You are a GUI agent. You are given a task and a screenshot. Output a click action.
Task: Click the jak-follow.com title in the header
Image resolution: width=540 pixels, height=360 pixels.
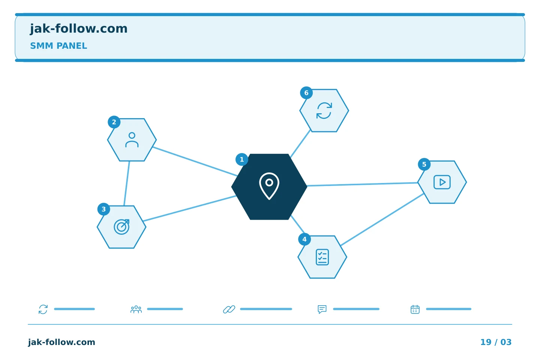(x=79, y=29)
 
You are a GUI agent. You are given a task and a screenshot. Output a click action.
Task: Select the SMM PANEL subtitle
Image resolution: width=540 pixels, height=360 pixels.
(x=58, y=46)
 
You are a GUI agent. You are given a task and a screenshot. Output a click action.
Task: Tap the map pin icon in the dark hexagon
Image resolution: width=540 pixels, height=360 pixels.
(x=269, y=186)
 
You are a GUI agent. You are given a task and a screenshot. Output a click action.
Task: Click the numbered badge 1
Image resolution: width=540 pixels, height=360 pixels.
(x=242, y=159)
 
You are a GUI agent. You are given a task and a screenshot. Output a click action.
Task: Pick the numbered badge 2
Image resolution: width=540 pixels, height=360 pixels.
(x=114, y=122)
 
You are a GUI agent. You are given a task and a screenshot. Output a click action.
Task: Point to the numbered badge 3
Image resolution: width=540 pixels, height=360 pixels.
(x=103, y=209)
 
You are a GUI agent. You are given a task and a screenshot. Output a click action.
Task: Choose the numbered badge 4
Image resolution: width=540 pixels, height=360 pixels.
(x=304, y=239)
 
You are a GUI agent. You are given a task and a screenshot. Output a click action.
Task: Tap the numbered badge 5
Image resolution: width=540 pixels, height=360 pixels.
(x=424, y=165)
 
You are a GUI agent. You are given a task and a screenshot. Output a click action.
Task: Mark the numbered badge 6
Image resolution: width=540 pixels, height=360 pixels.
(x=306, y=93)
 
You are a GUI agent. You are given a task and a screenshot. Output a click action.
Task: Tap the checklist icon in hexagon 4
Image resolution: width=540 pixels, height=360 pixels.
(x=322, y=257)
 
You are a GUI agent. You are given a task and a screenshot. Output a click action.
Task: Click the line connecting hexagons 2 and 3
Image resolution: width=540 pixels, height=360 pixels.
(x=127, y=183)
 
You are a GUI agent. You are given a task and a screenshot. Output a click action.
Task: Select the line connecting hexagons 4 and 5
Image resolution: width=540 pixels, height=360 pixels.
(x=382, y=220)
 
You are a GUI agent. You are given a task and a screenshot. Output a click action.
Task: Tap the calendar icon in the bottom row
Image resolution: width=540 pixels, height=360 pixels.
(x=415, y=309)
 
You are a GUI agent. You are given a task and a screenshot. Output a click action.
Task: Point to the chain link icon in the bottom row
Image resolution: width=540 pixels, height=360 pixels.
(x=229, y=309)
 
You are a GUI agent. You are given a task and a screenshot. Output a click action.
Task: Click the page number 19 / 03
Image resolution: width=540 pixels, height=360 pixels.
(x=496, y=342)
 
